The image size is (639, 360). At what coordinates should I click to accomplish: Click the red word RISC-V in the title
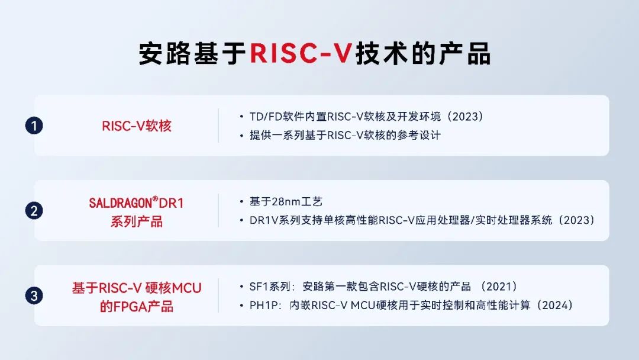tap(301, 53)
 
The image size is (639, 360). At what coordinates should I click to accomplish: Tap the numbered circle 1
tap(34, 126)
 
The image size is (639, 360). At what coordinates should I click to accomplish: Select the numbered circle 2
tap(34, 211)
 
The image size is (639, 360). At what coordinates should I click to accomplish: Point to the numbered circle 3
tap(34, 295)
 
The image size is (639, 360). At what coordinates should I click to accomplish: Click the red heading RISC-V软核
tap(137, 126)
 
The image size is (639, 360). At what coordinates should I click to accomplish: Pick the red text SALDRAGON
tap(120, 203)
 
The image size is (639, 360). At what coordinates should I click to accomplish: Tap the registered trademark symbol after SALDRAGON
tap(155, 199)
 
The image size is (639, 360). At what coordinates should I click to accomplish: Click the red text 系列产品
tap(137, 222)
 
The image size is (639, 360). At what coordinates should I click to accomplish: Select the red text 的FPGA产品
tap(137, 307)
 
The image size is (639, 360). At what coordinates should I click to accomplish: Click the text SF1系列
tap(270, 287)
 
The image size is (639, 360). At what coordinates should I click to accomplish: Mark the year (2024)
tap(554, 306)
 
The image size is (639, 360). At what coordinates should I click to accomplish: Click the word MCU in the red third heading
tap(186, 288)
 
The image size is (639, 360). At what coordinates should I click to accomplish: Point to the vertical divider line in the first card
tap(218, 126)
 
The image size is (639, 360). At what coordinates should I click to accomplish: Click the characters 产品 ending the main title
tap(464, 53)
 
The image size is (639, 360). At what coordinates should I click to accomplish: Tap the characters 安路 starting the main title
tap(164, 53)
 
